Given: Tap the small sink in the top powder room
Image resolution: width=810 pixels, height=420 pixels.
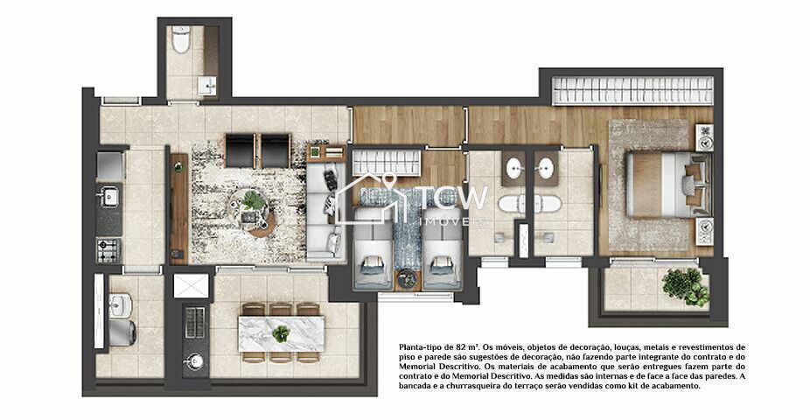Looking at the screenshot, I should pyautogui.click(x=207, y=84).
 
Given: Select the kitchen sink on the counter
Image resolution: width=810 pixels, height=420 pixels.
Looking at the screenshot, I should pyautogui.click(x=110, y=196).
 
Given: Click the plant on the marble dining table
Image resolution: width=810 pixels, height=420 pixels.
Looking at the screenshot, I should pyautogui.click(x=281, y=333).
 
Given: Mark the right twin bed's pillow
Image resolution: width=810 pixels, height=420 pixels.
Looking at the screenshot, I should pyautogui.click(x=438, y=262).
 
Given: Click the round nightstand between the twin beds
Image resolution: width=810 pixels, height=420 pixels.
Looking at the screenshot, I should pyautogui.click(x=406, y=280).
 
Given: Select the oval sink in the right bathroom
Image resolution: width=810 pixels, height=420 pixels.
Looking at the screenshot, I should pyautogui.click(x=546, y=167).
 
